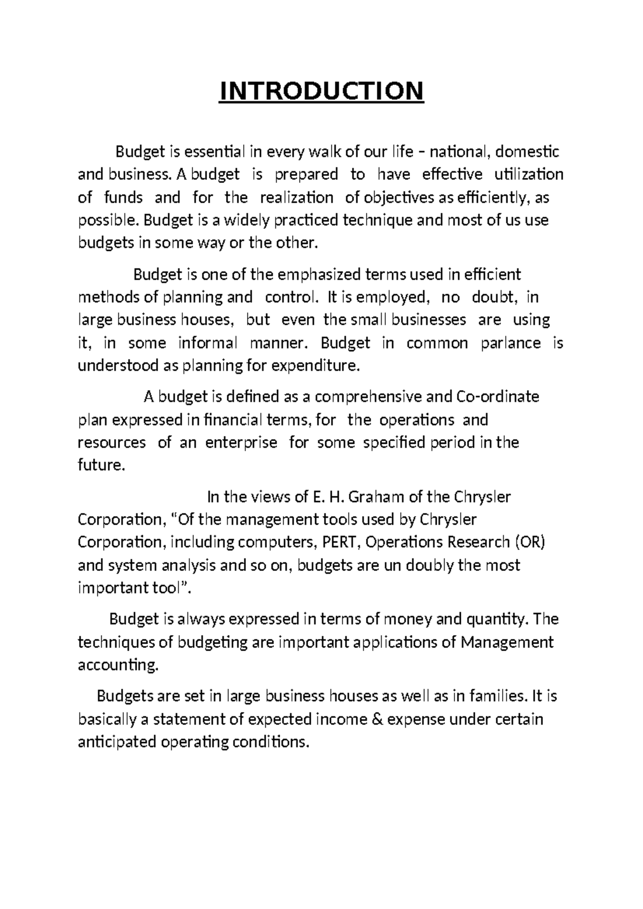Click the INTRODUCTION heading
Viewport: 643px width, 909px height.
pos(322,91)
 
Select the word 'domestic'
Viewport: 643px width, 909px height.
pos(527,152)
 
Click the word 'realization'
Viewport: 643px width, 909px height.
pos(296,198)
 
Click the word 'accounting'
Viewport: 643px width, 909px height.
pos(118,666)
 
